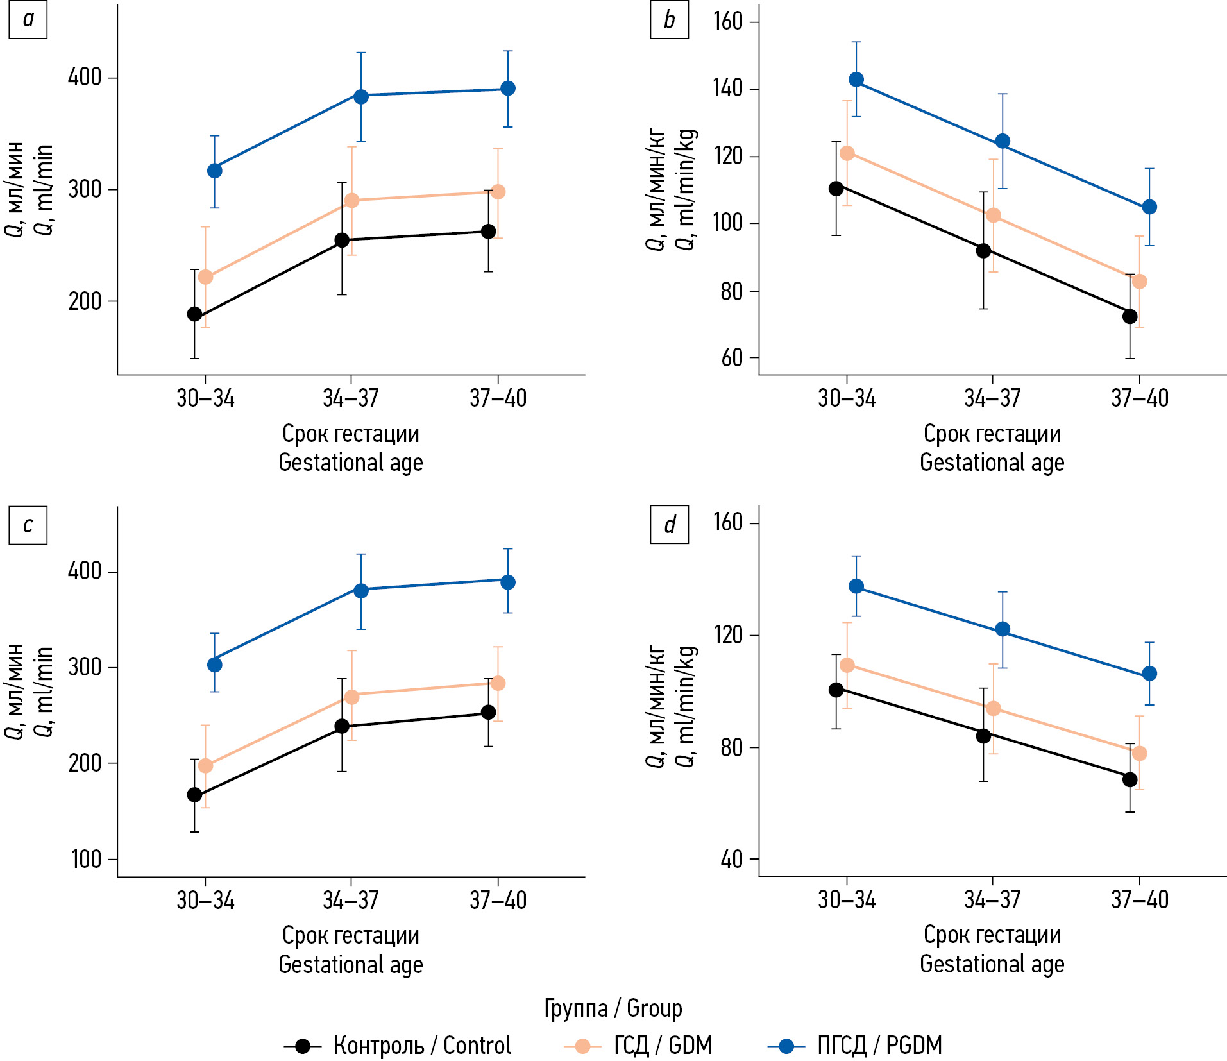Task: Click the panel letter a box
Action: point(28,20)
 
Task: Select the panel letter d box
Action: point(669,525)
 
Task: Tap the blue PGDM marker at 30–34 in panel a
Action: point(215,171)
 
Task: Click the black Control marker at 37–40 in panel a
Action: point(488,232)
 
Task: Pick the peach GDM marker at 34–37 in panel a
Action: point(351,201)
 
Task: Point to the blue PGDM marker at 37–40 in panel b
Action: point(1149,207)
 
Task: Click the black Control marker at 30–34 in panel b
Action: point(836,189)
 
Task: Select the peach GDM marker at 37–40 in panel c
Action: point(498,683)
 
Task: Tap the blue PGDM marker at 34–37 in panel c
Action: point(361,590)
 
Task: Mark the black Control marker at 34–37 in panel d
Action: point(983,736)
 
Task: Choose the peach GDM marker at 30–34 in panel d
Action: point(847,665)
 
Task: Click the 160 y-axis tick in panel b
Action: point(727,21)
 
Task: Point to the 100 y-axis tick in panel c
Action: point(86,860)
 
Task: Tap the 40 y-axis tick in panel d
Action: point(731,859)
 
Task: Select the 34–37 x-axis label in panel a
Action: point(350,398)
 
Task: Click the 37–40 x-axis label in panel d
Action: point(1139,900)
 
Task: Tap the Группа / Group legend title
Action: point(613,1008)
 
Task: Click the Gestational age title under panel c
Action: point(350,964)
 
